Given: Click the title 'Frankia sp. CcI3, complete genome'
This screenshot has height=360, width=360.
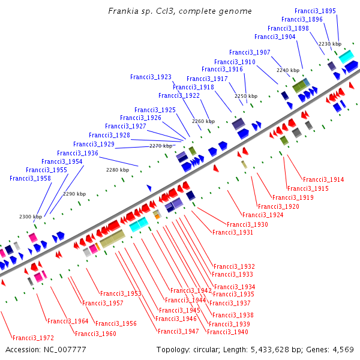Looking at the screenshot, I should coord(180,11).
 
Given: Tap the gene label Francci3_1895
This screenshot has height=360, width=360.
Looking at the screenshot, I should coord(316,11).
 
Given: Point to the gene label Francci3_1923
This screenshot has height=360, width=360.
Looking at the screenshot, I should coord(151,77).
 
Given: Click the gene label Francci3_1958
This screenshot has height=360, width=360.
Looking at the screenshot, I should coord(30,178).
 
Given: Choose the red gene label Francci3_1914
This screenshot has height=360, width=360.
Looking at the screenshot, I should coord(323,179).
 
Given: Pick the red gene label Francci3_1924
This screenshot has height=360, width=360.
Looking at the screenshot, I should coord(263,215).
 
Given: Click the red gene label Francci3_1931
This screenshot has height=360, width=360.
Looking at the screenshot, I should coord(233,232).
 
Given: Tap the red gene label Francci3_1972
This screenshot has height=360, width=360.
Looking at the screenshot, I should coord(33,338).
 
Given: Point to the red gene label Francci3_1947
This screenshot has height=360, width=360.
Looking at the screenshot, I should coord(178,331).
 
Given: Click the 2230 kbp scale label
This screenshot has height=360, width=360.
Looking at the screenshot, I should coord(329,44).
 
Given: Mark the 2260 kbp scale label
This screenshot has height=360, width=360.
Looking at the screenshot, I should coord(203,121).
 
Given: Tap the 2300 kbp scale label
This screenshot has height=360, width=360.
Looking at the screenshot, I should coord(30,217).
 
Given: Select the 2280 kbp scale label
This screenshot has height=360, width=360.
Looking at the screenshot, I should coord(118,170).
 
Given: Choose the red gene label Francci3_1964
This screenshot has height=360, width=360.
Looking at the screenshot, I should coord(68,321).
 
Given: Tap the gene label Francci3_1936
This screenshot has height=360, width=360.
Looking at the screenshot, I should coord(78,153).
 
